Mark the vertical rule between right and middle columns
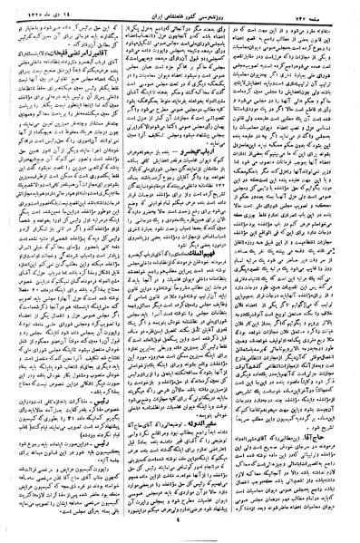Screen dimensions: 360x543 click(245, 272)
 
